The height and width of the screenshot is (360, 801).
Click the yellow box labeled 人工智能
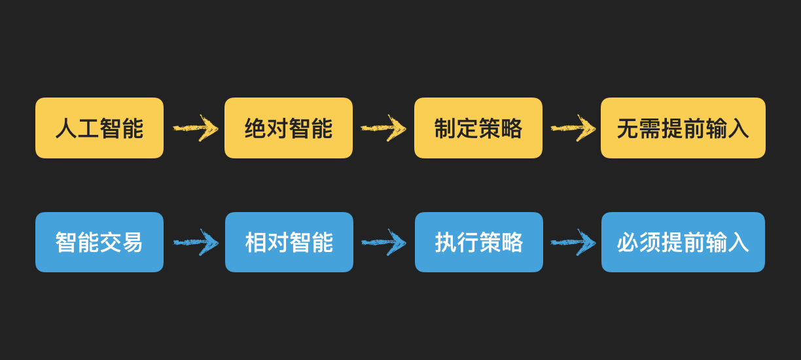(x=99, y=128)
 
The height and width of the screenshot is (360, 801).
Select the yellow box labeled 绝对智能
(x=289, y=128)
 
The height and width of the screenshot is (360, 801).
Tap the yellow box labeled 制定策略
(x=478, y=128)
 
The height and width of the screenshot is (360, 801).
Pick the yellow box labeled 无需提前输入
(x=683, y=128)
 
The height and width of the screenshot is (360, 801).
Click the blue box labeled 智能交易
(x=99, y=242)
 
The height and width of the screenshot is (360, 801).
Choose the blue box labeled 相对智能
(x=289, y=242)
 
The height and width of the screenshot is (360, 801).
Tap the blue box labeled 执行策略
(x=479, y=242)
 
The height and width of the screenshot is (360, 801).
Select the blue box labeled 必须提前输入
(x=683, y=242)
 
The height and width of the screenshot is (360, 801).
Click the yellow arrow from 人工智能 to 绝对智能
(x=195, y=128)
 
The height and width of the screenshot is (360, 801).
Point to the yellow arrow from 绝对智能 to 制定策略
(x=383, y=128)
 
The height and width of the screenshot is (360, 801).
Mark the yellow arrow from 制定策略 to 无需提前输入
(x=573, y=128)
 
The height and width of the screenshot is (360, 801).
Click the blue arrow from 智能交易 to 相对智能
(x=196, y=242)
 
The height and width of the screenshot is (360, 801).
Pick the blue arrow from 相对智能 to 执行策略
(x=384, y=242)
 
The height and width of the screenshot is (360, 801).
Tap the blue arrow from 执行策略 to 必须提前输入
(x=573, y=242)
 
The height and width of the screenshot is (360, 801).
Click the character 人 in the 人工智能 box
(x=66, y=128)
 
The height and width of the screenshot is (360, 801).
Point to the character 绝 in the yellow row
(x=256, y=128)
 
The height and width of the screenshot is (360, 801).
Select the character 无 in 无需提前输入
(x=628, y=128)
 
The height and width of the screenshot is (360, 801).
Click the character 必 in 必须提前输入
(x=628, y=242)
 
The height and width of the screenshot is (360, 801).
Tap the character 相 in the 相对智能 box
(x=256, y=242)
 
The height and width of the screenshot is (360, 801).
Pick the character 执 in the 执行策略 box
(x=446, y=242)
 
